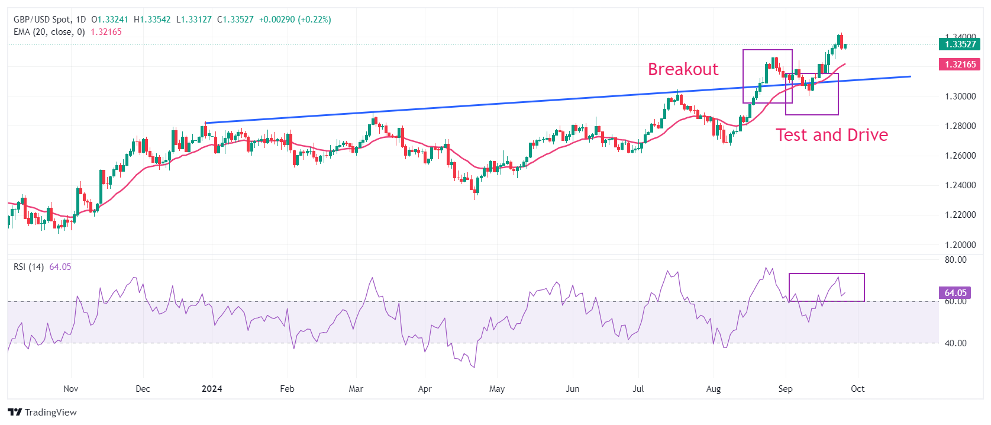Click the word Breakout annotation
(683, 69)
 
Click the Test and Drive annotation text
(831, 135)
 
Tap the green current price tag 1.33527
(959, 44)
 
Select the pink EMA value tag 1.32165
(959, 65)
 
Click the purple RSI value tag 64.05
(955, 292)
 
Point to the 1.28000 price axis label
(960, 126)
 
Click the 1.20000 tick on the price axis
(960, 245)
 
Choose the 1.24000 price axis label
(960, 185)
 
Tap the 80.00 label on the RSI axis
(956, 260)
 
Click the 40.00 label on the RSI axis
(956, 343)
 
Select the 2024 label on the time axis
(212, 389)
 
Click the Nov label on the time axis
(70, 389)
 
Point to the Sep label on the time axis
(785, 389)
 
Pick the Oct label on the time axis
(857, 389)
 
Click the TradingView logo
(43, 413)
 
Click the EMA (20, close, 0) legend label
(49, 32)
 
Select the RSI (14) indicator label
(28, 267)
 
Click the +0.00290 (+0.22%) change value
(295, 20)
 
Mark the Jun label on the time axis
(572, 389)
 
